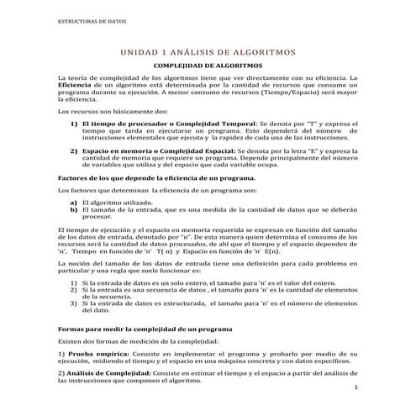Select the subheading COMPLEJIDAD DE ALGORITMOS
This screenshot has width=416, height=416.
[207, 66]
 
